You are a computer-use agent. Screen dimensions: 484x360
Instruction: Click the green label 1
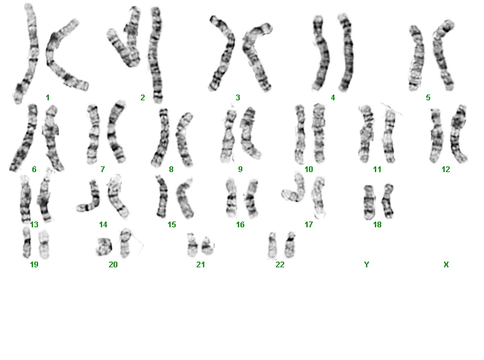tap(48, 98)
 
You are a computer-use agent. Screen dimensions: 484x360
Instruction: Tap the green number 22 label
tap(280, 265)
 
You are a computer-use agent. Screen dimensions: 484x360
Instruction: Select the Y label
tap(367, 265)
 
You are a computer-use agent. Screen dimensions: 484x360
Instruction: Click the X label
tap(446, 265)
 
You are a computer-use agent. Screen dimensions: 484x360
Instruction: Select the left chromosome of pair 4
tap(321, 53)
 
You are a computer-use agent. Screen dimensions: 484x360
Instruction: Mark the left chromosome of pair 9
tap(228, 136)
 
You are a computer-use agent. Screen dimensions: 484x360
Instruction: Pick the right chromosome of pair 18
tap(388, 201)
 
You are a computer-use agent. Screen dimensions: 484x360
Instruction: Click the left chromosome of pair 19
tap(27, 243)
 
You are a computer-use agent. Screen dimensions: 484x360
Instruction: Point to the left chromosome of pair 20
tap(104, 247)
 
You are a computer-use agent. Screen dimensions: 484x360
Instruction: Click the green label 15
tap(172, 225)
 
